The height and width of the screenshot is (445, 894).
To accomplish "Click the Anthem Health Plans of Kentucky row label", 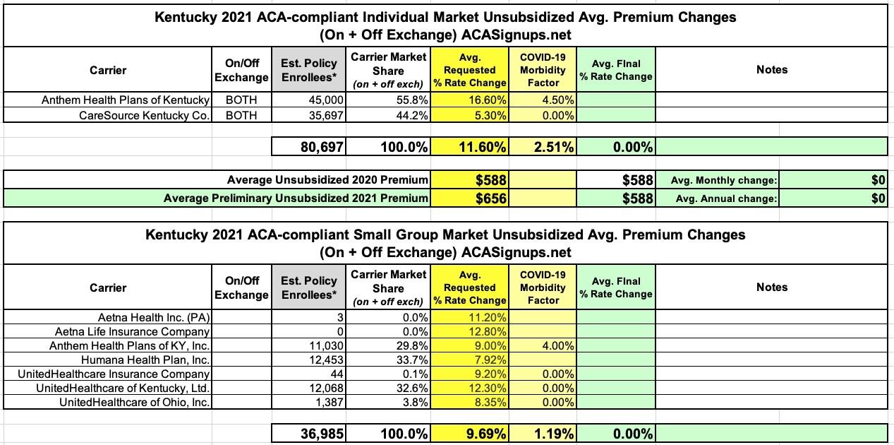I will click(x=126, y=100).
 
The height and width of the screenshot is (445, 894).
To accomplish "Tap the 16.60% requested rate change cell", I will click(x=469, y=100).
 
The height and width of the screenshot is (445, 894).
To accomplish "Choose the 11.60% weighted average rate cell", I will click(x=469, y=147).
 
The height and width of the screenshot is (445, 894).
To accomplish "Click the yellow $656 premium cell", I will click(x=469, y=198).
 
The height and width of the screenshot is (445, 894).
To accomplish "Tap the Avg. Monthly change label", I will click(x=726, y=180).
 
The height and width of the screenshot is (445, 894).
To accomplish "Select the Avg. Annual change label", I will click(x=727, y=198).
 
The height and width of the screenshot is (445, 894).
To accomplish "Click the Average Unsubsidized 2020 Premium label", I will click(x=327, y=180).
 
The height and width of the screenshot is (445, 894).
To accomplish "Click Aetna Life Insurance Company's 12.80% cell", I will click(x=469, y=331).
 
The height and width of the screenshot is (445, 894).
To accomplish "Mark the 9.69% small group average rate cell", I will click(x=469, y=434).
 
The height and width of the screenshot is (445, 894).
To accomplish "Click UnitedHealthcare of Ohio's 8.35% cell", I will click(x=469, y=402).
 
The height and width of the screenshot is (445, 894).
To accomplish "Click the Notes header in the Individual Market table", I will click(x=771, y=70).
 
